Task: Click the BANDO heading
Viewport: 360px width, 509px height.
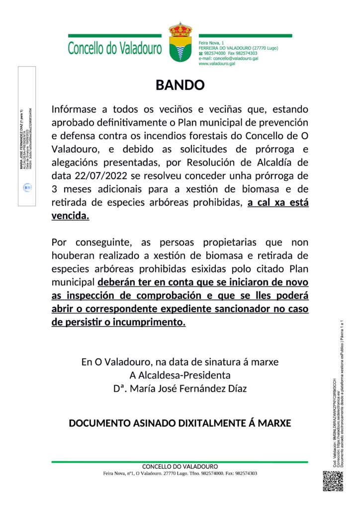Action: pos(180,85)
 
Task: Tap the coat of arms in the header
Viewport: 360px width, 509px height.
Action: pos(180,42)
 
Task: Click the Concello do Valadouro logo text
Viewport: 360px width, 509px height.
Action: pos(115,49)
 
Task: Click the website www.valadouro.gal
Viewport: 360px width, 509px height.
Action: pos(217,64)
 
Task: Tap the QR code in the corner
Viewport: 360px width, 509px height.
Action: pos(333,481)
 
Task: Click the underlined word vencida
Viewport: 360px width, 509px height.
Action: pos(70,216)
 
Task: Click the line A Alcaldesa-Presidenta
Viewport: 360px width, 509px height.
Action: pos(180,375)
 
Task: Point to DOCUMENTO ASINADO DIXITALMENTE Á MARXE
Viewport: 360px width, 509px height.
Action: pos(180,424)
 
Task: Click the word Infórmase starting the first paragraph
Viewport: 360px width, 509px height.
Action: pos(76,109)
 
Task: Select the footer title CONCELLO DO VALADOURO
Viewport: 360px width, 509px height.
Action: pos(180,467)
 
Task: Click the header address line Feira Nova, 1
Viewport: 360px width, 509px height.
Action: pos(211,43)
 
